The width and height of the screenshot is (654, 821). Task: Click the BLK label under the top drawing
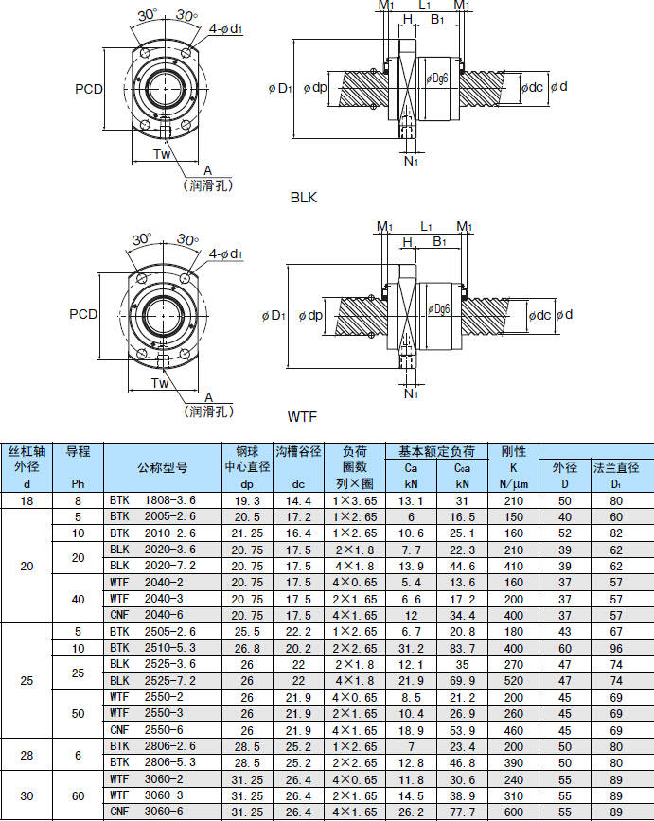304,198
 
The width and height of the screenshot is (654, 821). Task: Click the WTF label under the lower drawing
303,416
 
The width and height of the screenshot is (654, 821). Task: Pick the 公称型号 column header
162,466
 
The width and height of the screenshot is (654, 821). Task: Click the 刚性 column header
513,451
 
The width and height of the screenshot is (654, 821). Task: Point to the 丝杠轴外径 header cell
27,466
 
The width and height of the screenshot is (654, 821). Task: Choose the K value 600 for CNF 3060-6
513,812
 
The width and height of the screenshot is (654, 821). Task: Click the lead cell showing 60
78,795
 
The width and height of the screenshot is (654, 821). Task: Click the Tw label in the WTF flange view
160,383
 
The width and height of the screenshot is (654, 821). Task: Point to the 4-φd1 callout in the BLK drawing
226,29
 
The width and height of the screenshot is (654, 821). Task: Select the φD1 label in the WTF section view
272,315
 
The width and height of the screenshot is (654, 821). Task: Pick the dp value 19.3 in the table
247,499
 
